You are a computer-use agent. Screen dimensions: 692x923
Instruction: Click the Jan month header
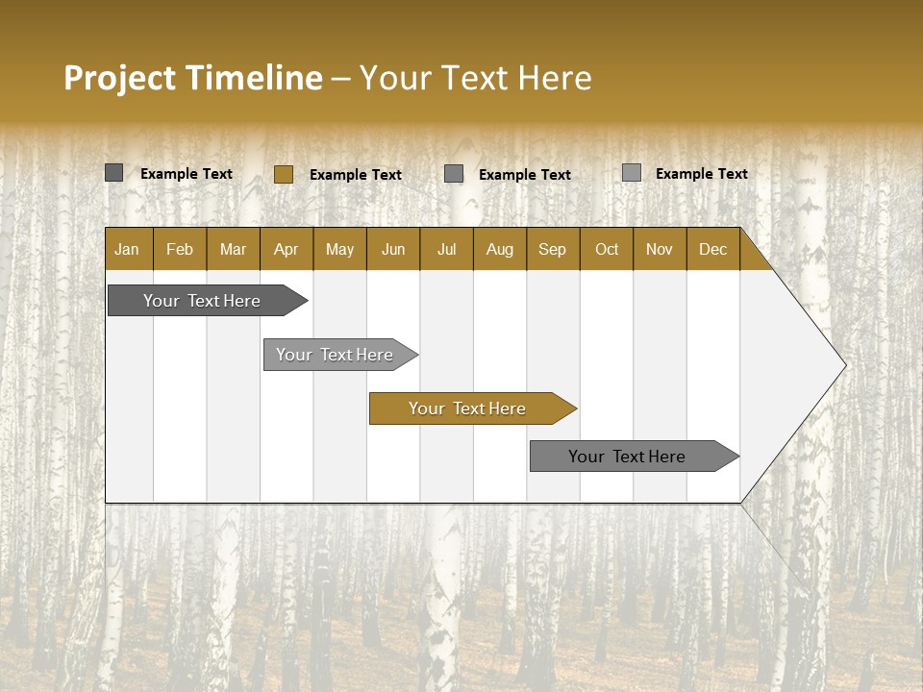click(x=127, y=250)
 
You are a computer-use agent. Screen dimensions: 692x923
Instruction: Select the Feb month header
click(x=180, y=250)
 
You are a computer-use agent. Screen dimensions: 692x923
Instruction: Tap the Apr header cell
click(x=286, y=250)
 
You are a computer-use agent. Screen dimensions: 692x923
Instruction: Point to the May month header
click(x=339, y=250)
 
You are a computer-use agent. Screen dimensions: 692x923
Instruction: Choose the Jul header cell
click(x=446, y=250)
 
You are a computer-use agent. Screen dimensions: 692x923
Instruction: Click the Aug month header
click(x=499, y=250)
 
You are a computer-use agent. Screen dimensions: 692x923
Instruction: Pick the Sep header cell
click(x=552, y=250)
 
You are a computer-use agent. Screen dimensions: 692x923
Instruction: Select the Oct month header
click(x=607, y=250)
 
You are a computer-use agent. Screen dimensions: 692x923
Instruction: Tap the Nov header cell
click(x=660, y=250)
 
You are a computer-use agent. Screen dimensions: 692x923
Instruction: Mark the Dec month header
click(x=712, y=250)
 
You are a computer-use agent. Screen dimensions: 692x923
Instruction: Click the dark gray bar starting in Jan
click(x=202, y=301)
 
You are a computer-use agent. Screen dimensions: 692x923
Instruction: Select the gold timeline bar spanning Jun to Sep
click(x=467, y=408)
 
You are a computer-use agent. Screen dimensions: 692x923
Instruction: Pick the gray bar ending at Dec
click(x=627, y=457)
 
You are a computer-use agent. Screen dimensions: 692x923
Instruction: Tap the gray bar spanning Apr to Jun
click(x=335, y=355)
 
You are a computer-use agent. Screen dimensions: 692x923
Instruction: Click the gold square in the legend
click(x=283, y=174)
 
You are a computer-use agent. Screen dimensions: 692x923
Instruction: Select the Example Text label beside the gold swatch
click(x=356, y=175)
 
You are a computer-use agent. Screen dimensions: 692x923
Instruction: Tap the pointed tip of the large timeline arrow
click(x=843, y=365)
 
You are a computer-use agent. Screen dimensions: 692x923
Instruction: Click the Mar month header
click(x=233, y=250)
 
